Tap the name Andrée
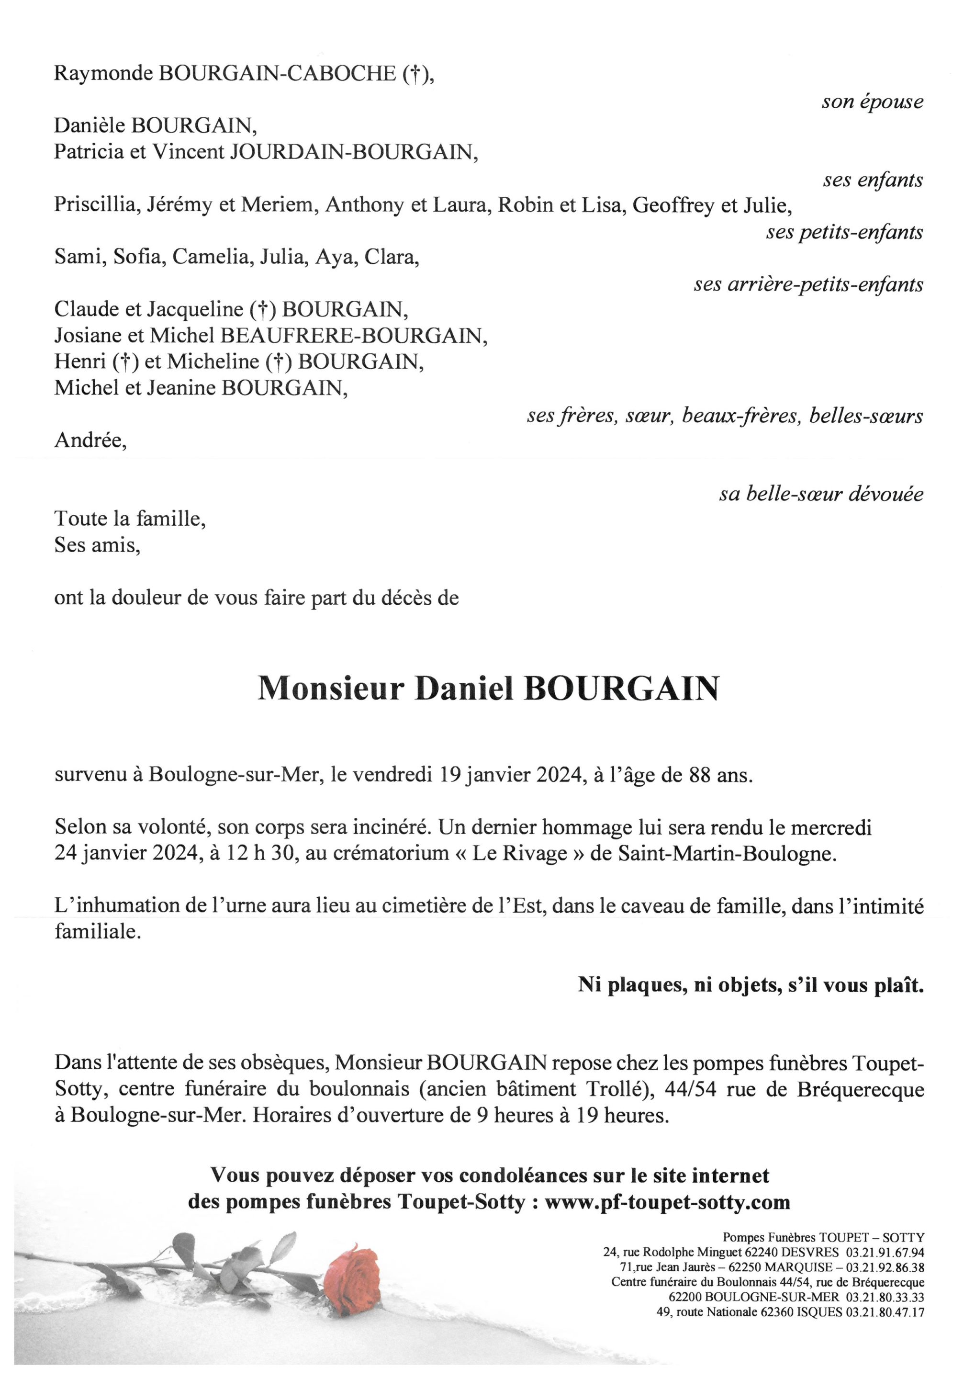tap(90, 441)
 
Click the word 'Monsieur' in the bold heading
tap(331, 689)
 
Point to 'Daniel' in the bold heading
tap(464, 689)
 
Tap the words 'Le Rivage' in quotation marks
tap(520, 853)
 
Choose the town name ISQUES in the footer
tap(819, 1312)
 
